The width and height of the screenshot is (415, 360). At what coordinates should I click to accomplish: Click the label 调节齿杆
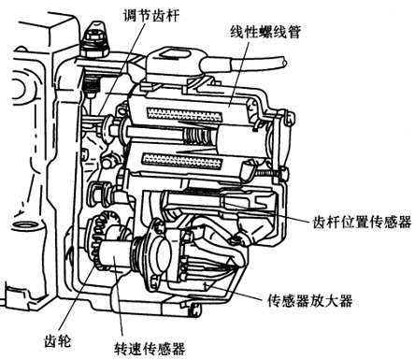coord(151,15)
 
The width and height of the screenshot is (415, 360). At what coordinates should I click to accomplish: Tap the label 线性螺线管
coord(265,32)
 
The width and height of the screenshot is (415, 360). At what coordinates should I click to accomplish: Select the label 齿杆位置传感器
coord(363,223)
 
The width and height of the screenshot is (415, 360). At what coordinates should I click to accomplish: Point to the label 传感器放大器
coord(310,301)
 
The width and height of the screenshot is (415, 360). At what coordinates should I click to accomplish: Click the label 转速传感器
coord(150,349)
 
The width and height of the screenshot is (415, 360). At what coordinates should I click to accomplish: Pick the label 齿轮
coord(58,340)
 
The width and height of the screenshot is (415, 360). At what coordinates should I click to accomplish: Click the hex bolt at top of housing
coord(95,40)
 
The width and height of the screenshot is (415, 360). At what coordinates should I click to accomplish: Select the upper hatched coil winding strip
coord(184,114)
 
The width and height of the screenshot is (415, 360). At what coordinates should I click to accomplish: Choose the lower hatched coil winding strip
coord(181,161)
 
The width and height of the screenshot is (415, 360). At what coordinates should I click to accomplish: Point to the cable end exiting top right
coord(284,62)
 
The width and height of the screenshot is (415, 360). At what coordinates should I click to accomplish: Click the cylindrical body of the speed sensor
coord(115,255)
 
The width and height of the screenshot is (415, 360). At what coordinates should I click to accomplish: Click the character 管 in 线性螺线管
coord(294,32)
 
